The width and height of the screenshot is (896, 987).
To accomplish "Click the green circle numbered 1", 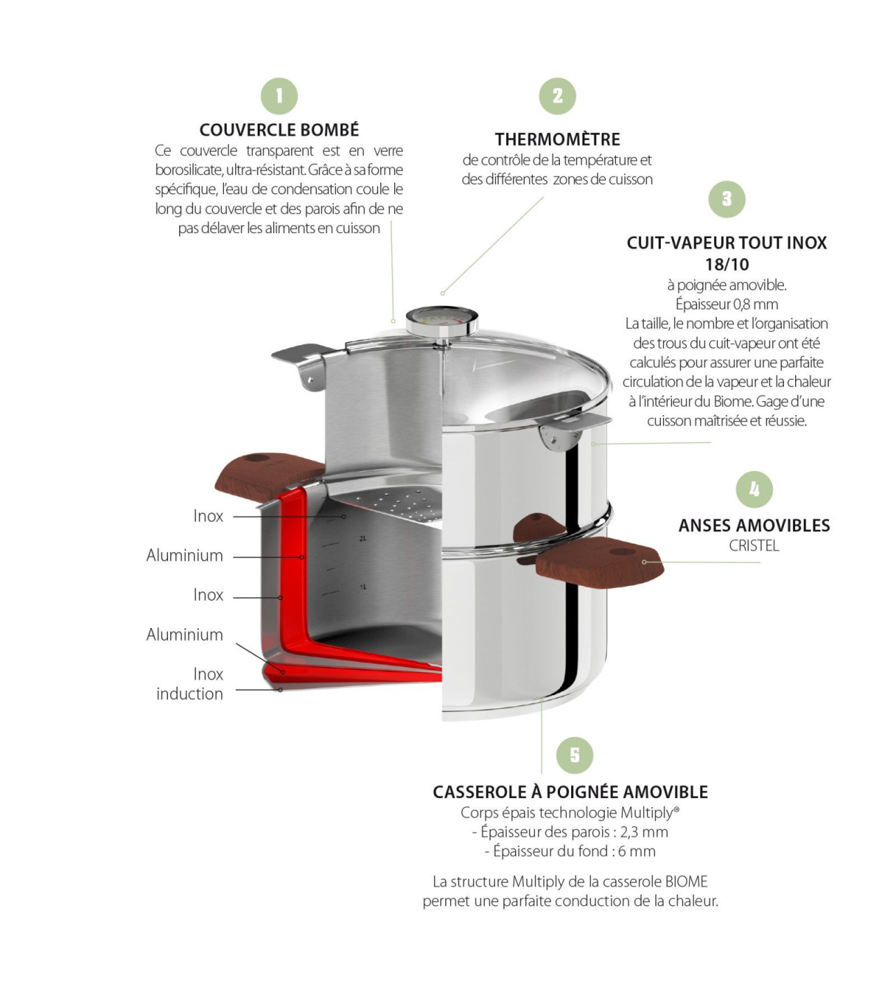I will [x=279, y=96].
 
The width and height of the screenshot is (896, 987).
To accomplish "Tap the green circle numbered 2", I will [x=557, y=96].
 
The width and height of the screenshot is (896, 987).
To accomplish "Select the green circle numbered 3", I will [x=727, y=199].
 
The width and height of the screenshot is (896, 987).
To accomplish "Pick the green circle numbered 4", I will [x=754, y=489].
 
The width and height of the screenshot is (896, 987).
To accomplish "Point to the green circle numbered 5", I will [x=575, y=755].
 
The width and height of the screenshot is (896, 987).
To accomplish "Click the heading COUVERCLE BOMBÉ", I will [x=279, y=130].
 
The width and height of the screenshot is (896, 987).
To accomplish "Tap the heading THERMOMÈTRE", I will [x=557, y=139].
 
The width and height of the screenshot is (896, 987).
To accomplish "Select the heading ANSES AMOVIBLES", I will [x=754, y=526].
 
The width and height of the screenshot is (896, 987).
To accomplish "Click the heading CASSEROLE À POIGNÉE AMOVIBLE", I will [x=570, y=792].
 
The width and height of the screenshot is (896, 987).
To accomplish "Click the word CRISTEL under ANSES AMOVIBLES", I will [x=754, y=546].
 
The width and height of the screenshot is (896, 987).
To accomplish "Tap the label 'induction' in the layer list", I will [x=190, y=694].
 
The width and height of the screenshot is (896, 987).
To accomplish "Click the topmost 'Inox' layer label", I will [x=208, y=516].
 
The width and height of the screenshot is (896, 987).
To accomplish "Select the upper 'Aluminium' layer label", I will [x=185, y=555].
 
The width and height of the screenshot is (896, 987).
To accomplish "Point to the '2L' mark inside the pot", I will [x=363, y=538].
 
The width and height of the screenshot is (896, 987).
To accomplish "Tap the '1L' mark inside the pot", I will [x=363, y=587].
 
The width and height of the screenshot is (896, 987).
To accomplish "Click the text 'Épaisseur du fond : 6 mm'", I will [x=570, y=851].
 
